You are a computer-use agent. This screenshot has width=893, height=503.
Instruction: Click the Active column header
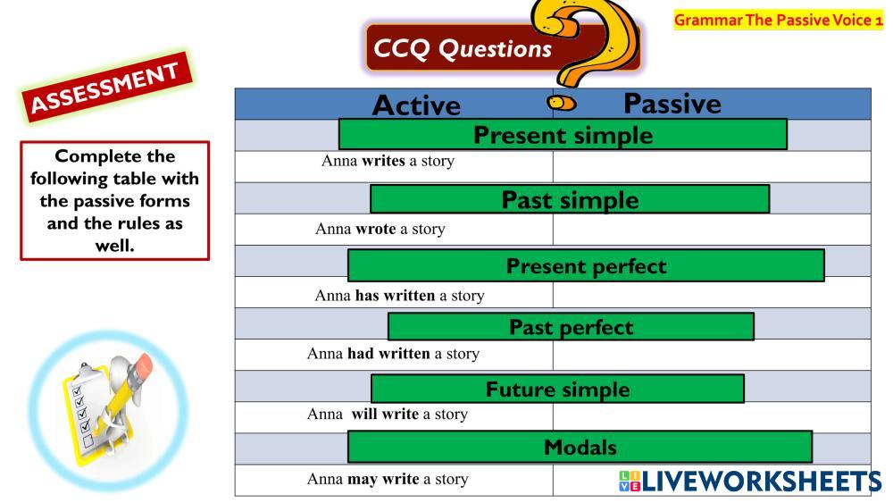pos(416,105)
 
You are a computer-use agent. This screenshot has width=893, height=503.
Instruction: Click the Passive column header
pos(672,104)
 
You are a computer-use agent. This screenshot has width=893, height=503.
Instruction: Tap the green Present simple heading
pos(563,135)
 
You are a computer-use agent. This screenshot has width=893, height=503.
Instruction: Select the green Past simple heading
pos(570,199)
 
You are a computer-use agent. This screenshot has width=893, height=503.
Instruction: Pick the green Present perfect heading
pos(586,265)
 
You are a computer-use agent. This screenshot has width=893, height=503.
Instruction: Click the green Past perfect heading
pos(571,327)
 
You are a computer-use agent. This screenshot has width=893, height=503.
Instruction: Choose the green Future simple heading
pos(557,389)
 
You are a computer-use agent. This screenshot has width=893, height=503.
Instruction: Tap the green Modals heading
pos(580,448)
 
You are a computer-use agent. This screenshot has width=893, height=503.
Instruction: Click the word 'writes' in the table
pos(383,161)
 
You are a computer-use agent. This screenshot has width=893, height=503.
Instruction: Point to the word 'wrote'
pos(375,229)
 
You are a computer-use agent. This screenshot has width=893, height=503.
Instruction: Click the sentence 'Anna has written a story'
pos(400,296)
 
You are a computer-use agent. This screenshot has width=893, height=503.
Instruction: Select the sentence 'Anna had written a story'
pos(393,354)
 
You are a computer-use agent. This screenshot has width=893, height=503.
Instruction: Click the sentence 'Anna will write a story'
pos(388,415)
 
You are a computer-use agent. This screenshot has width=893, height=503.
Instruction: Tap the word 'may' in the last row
pos(363,480)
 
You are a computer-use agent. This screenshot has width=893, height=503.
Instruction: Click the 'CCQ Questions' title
pos(463,48)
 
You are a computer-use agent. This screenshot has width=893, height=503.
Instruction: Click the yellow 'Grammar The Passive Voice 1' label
pos(778,20)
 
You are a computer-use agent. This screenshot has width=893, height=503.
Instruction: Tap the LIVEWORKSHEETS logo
pos(750,482)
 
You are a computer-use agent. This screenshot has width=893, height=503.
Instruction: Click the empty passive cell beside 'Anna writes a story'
pos(712,167)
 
